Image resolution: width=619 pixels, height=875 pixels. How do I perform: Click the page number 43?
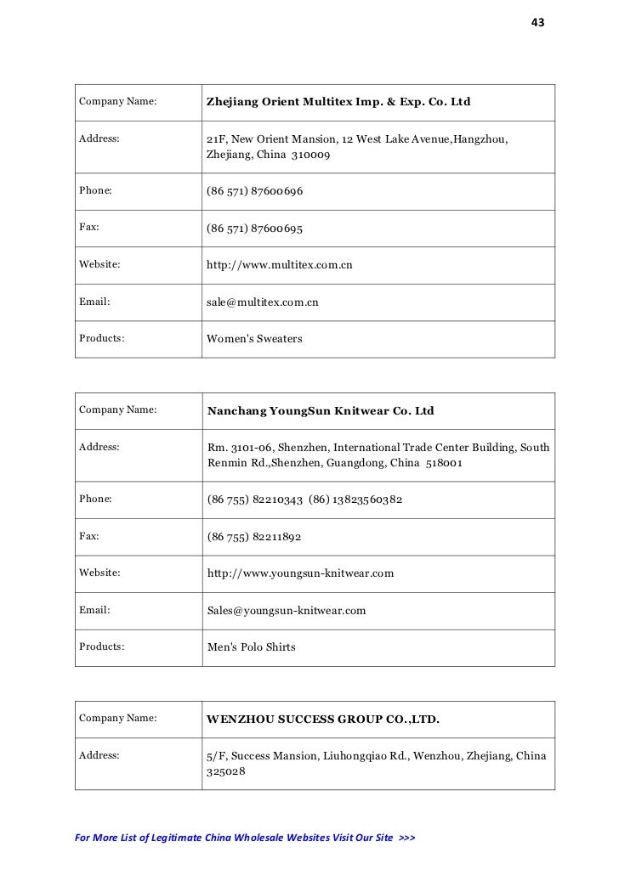pos(537,22)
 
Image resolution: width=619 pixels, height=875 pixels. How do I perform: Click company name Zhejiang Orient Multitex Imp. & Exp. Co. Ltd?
pos(338,103)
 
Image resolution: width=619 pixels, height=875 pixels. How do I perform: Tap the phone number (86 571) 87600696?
pos(255,192)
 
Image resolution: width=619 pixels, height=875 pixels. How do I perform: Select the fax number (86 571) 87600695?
pos(255,229)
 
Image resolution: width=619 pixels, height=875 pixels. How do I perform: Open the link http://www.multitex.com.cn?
pos(280,265)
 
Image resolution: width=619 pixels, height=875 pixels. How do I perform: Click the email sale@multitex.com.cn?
pos(263,302)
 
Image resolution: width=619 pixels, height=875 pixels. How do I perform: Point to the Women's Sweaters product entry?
pos(254,339)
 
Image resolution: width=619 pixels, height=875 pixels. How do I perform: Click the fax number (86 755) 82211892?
pos(254,538)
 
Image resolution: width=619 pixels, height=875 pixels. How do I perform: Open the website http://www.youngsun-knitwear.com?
pos(300,573)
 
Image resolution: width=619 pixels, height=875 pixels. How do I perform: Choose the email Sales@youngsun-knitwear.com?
pos(287,610)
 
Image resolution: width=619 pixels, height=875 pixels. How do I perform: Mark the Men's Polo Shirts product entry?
pos(252,647)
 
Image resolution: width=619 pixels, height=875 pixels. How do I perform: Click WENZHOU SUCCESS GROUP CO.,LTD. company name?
pos(323,720)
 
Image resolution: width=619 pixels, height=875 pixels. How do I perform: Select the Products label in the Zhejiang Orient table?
pos(102,339)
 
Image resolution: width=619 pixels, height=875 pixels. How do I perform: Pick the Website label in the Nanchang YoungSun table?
pos(99,573)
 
